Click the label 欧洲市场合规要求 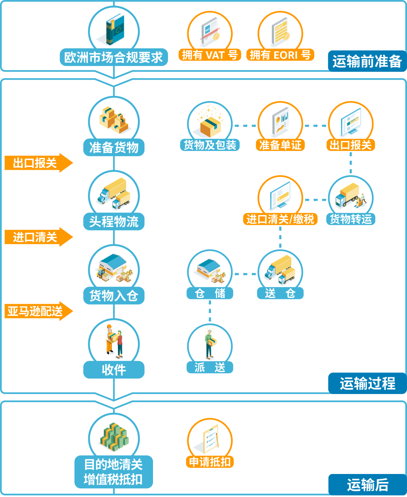click(114, 57)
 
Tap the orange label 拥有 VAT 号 click(210, 55)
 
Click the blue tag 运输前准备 click(367, 61)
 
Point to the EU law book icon click(114, 29)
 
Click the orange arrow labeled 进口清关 click(39, 237)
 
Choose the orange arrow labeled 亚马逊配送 click(39, 311)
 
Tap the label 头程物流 click(114, 222)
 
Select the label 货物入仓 click(114, 295)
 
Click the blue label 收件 click(114, 370)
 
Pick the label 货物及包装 click(210, 145)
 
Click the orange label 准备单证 click(280, 145)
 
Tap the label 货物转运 click(351, 219)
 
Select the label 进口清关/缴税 click(280, 219)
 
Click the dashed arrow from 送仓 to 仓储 click(245, 274)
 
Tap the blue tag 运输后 click(368, 485)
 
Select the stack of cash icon click(115, 437)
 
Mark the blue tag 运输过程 click(368, 383)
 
